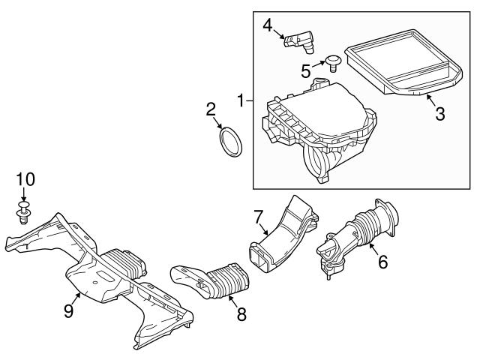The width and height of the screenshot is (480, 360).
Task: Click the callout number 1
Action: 241,100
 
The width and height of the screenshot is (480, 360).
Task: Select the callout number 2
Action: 211,111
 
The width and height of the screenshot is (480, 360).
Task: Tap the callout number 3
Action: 439,114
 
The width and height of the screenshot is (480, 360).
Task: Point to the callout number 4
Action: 267,26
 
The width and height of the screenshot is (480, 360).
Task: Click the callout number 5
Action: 306,71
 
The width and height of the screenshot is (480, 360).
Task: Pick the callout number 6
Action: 382,262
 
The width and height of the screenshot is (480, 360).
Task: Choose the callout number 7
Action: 259,217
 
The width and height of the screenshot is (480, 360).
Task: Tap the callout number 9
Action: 68,310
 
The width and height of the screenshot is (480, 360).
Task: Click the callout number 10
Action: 25,179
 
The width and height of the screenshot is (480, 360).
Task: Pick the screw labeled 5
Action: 331,61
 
